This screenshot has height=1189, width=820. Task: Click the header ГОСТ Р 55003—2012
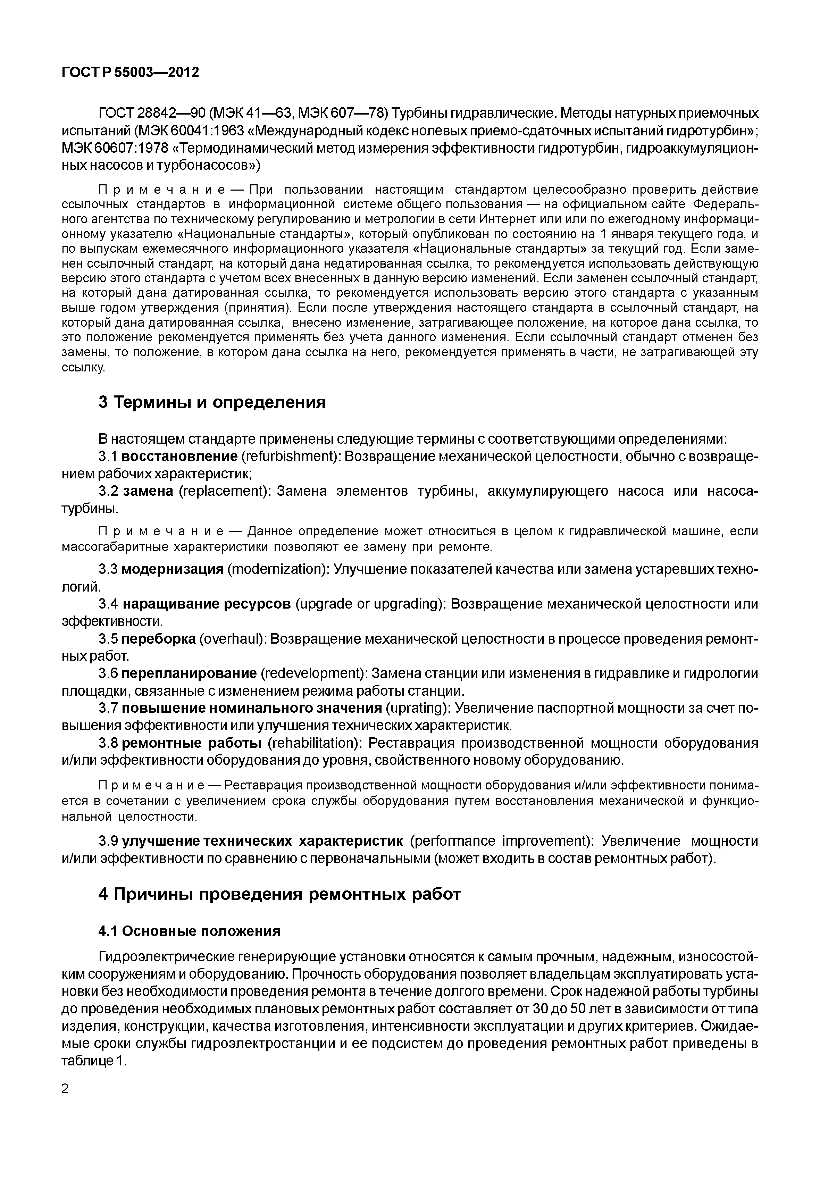pyautogui.click(x=130, y=73)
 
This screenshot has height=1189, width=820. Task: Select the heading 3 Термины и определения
pyautogui.click(x=212, y=402)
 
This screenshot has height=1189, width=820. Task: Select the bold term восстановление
pyautogui.click(x=180, y=457)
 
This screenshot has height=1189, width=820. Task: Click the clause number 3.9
pyautogui.click(x=108, y=841)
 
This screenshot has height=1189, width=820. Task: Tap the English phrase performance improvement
pyautogui.click(x=501, y=841)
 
